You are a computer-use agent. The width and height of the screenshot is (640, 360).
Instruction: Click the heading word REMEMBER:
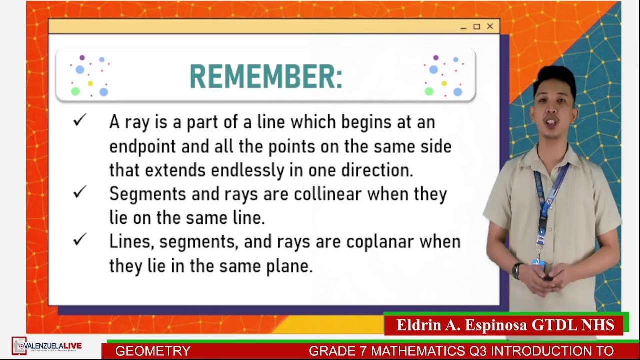266,78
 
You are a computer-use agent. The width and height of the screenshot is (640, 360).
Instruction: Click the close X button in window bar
490,26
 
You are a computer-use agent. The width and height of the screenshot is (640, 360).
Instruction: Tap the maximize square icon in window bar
476,26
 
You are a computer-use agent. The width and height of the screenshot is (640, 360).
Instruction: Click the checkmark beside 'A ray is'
80,120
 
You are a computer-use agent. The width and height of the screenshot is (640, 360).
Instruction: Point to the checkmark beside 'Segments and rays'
80,192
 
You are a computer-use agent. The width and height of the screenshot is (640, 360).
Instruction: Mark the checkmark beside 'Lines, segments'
80,240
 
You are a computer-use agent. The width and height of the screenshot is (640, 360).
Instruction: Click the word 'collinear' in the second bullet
327,194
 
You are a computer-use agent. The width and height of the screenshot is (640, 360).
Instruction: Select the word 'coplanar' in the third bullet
380,242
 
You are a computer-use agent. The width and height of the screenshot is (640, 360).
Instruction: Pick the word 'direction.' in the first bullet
377,170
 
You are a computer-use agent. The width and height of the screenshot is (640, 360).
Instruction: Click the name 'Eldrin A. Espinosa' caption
462,325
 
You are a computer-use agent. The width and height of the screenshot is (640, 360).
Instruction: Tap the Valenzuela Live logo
47,346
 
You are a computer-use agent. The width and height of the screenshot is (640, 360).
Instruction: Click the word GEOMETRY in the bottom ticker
153,351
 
